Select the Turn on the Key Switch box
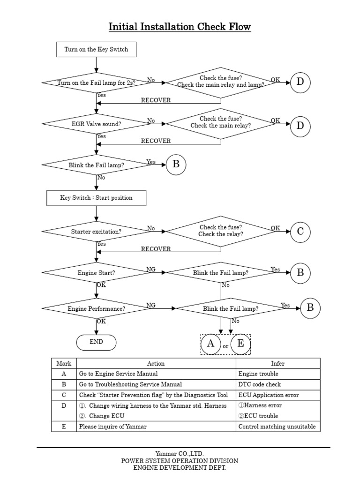click(96, 49)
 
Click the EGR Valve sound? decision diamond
click(96, 124)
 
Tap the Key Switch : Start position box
click(96, 198)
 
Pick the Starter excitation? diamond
click(96, 232)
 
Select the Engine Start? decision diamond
click(96, 272)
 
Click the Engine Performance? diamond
click(96, 309)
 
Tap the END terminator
click(96, 342)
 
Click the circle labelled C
click(300, 231)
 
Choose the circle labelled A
click(211, 344)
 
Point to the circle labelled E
click(240, 344)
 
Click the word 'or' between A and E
click(225, 346)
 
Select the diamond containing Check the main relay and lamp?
click(221, 82)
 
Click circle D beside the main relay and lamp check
click(300, 82)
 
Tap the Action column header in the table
click(156, 363)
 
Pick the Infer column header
click(277, 363)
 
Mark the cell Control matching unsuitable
click(277, 427)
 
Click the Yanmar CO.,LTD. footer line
click(180, 453)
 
